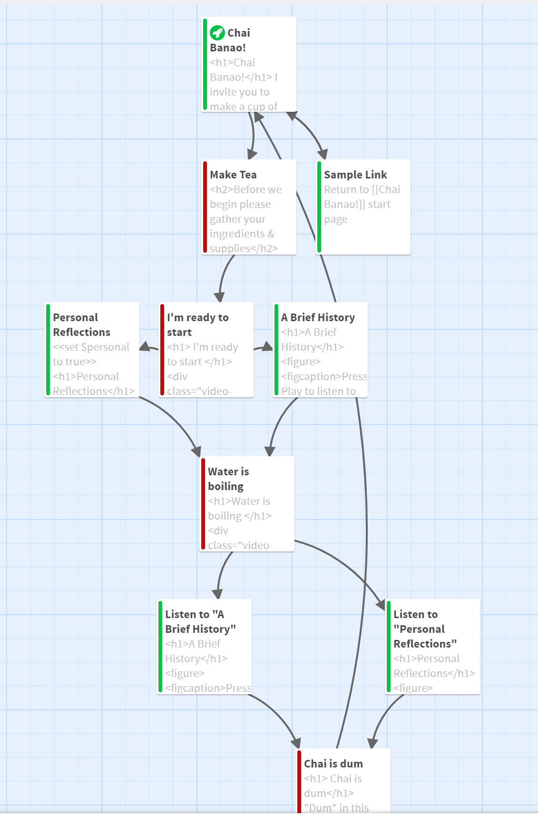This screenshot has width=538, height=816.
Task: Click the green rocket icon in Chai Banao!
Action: click(x=217, y=33)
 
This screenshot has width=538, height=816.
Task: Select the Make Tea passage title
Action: click(x=233, y=175)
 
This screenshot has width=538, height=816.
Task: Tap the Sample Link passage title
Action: click(x=355, y=175)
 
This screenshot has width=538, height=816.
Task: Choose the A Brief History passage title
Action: click(x=318, y=317)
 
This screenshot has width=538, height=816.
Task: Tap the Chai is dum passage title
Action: click(x=333, y=764)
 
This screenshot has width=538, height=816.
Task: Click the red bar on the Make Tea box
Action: click(x=205, y=207)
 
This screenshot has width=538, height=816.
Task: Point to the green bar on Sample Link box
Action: click(x=319, y=207)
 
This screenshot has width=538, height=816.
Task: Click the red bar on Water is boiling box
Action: click(x=203, y=504)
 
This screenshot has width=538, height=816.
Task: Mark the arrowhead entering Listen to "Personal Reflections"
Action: click(x=381, y=605)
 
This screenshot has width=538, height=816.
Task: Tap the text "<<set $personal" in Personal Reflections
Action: click(x=91, y=347)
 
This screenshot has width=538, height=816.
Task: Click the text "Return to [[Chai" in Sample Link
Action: click(x=362, y=189)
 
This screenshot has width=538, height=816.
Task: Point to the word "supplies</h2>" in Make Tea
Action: click(x=244, y=248)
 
